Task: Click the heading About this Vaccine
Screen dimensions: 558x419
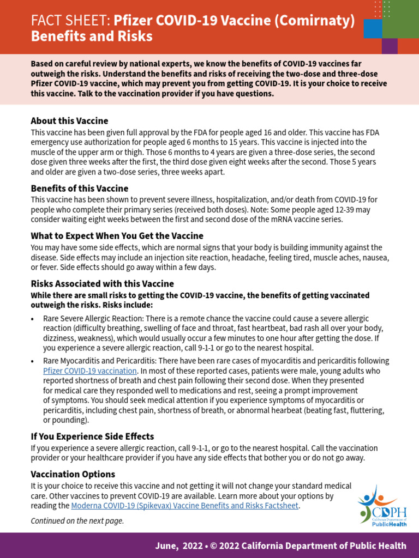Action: coord(69,121)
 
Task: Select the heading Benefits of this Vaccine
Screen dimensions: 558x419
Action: coord(79,189)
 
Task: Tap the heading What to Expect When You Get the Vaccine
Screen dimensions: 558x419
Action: coord(117,236)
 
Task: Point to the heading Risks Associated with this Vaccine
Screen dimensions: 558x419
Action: coord(102,284)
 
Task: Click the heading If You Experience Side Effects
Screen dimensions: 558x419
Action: coord(92,436)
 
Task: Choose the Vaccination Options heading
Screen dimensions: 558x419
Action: coord(73,475)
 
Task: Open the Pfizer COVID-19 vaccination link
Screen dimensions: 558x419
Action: coord(90,371)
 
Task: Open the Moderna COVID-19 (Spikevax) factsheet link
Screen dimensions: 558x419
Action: coord(185,506)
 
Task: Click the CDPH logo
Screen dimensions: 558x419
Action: coord(382,504)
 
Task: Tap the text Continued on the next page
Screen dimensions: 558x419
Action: coord(77,521)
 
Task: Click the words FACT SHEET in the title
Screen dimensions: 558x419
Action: coord(70,21)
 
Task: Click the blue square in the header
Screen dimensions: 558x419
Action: coord(373,28)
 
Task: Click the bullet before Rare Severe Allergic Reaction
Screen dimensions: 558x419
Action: coord(33,319)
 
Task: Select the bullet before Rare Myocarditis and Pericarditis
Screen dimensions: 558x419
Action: coord(33,361)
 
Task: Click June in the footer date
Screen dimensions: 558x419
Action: coord(166,545)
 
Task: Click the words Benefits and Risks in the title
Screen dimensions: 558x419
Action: coord(92,37)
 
